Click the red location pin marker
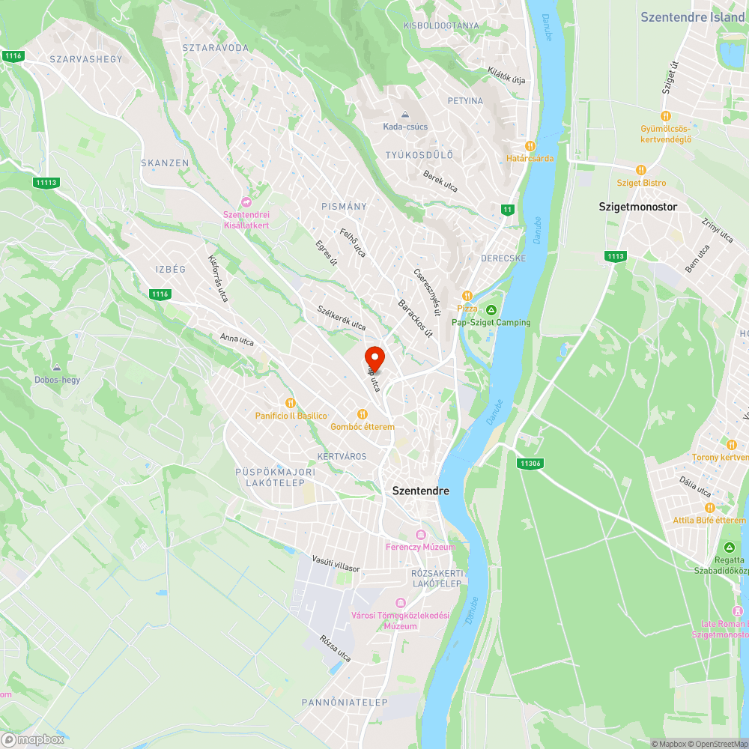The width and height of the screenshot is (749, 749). tap(374, 358)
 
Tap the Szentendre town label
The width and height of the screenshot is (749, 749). tap(421, 491)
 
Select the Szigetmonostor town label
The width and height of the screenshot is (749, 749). tap(637, 206)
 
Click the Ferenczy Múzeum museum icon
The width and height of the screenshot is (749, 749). tap(420, 534)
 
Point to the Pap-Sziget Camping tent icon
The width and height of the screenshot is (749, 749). tap(491, 310)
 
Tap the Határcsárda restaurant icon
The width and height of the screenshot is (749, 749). tap(530, 146)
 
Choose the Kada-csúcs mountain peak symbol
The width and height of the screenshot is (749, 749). tap(405, 115)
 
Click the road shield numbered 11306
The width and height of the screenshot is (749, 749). tap(529, 464)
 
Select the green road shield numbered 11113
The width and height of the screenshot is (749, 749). tap(46, 182)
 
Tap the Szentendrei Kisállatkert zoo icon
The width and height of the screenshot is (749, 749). tap(246, 202)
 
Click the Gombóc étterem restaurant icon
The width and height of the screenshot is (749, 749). tap(363, 414)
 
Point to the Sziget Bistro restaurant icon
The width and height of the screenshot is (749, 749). tap(640, 170)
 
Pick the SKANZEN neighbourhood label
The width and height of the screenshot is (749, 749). tap(165, 163)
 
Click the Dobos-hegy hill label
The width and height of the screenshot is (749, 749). tap(57, 380)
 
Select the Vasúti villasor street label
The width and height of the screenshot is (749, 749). tap(336, 563)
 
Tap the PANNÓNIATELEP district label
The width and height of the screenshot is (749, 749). tap(345, 703)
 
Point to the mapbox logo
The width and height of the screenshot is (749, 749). tap(33, 739)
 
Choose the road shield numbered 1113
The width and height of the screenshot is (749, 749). tap(615, 256)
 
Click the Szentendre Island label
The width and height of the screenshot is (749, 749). tap(692, 16)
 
